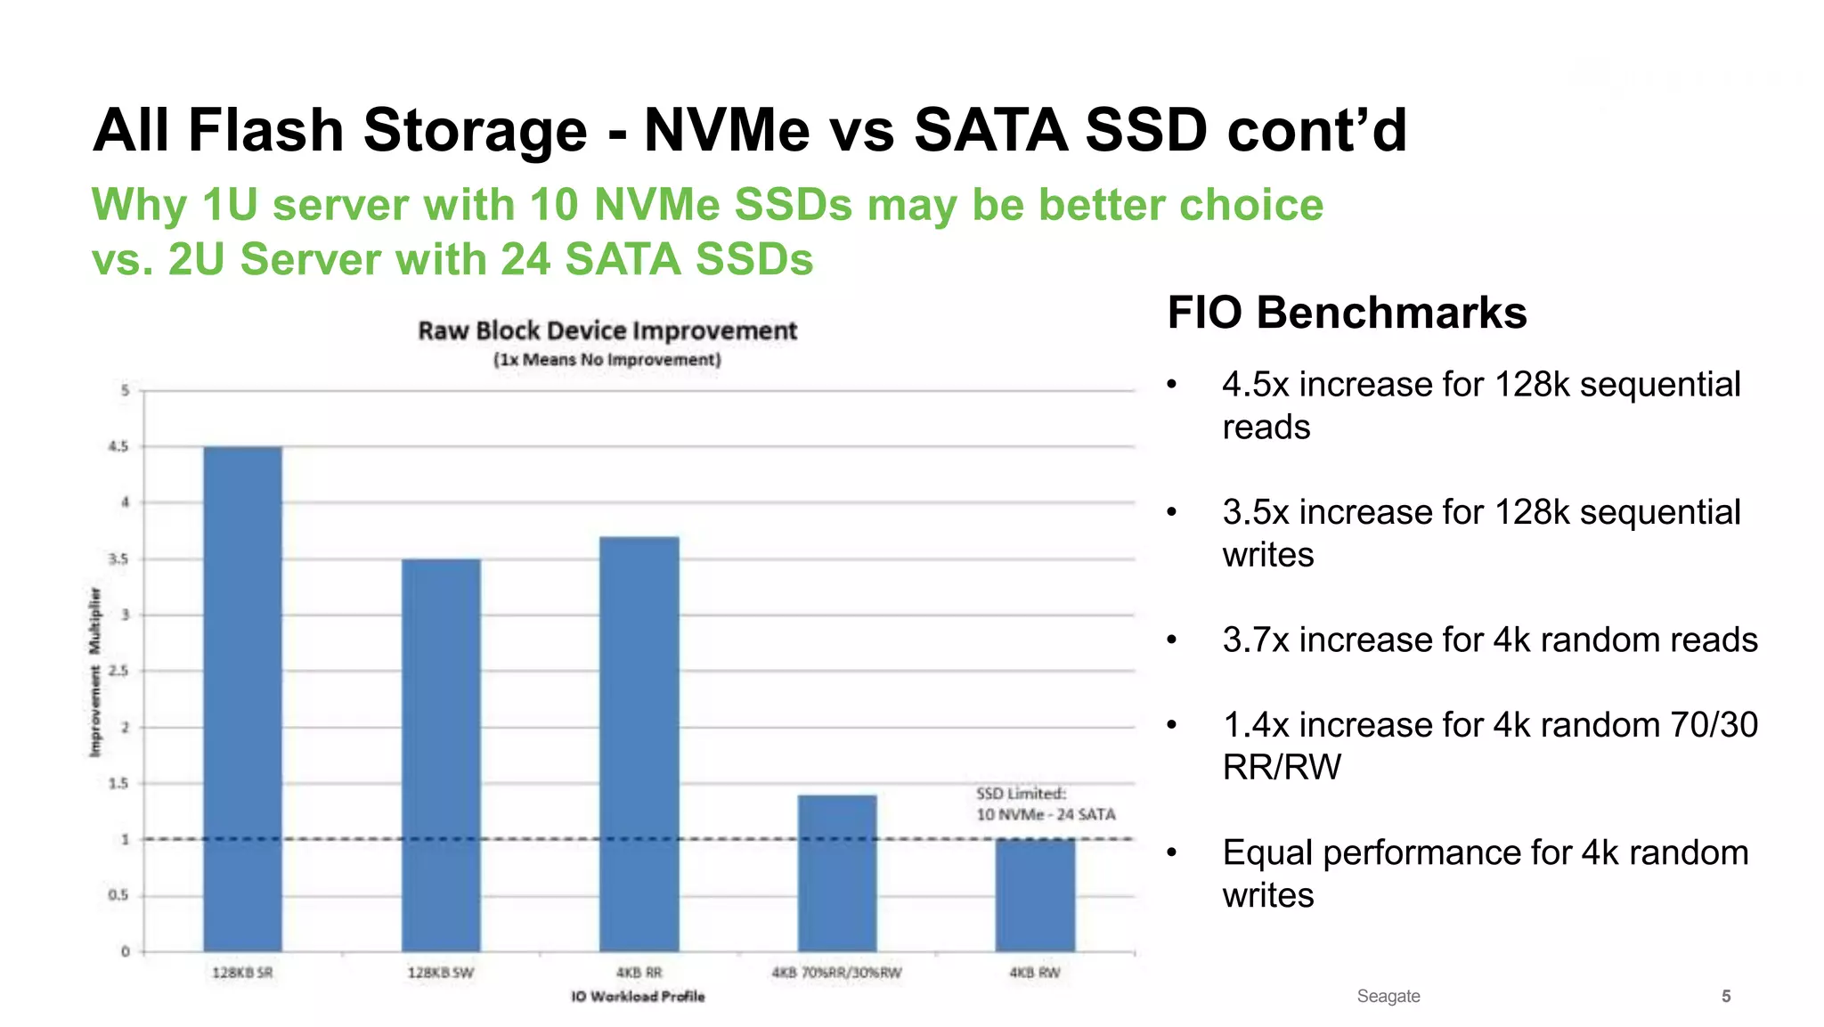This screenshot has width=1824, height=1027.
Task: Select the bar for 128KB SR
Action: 242,699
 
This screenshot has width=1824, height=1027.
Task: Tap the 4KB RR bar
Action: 639,744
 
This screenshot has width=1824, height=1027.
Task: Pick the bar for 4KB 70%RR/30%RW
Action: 837,873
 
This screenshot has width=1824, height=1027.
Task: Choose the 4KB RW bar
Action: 1035,895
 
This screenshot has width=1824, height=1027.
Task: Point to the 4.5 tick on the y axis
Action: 118,446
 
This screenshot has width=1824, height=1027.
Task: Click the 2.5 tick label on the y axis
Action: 118,671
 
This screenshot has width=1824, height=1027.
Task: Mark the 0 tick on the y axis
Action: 125,951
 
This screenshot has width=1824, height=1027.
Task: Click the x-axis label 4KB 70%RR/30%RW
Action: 836,973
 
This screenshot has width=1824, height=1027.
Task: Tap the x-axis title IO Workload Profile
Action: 638,996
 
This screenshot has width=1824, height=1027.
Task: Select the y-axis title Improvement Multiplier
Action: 95,672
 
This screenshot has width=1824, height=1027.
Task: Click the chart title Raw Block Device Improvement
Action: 607,330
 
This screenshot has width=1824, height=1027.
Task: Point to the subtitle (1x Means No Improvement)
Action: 607,360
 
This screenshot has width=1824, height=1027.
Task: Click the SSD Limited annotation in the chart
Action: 1045,803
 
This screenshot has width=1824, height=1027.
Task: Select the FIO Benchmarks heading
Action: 1347,313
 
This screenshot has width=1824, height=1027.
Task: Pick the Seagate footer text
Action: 1388,996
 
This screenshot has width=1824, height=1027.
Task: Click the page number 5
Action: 1726,996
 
